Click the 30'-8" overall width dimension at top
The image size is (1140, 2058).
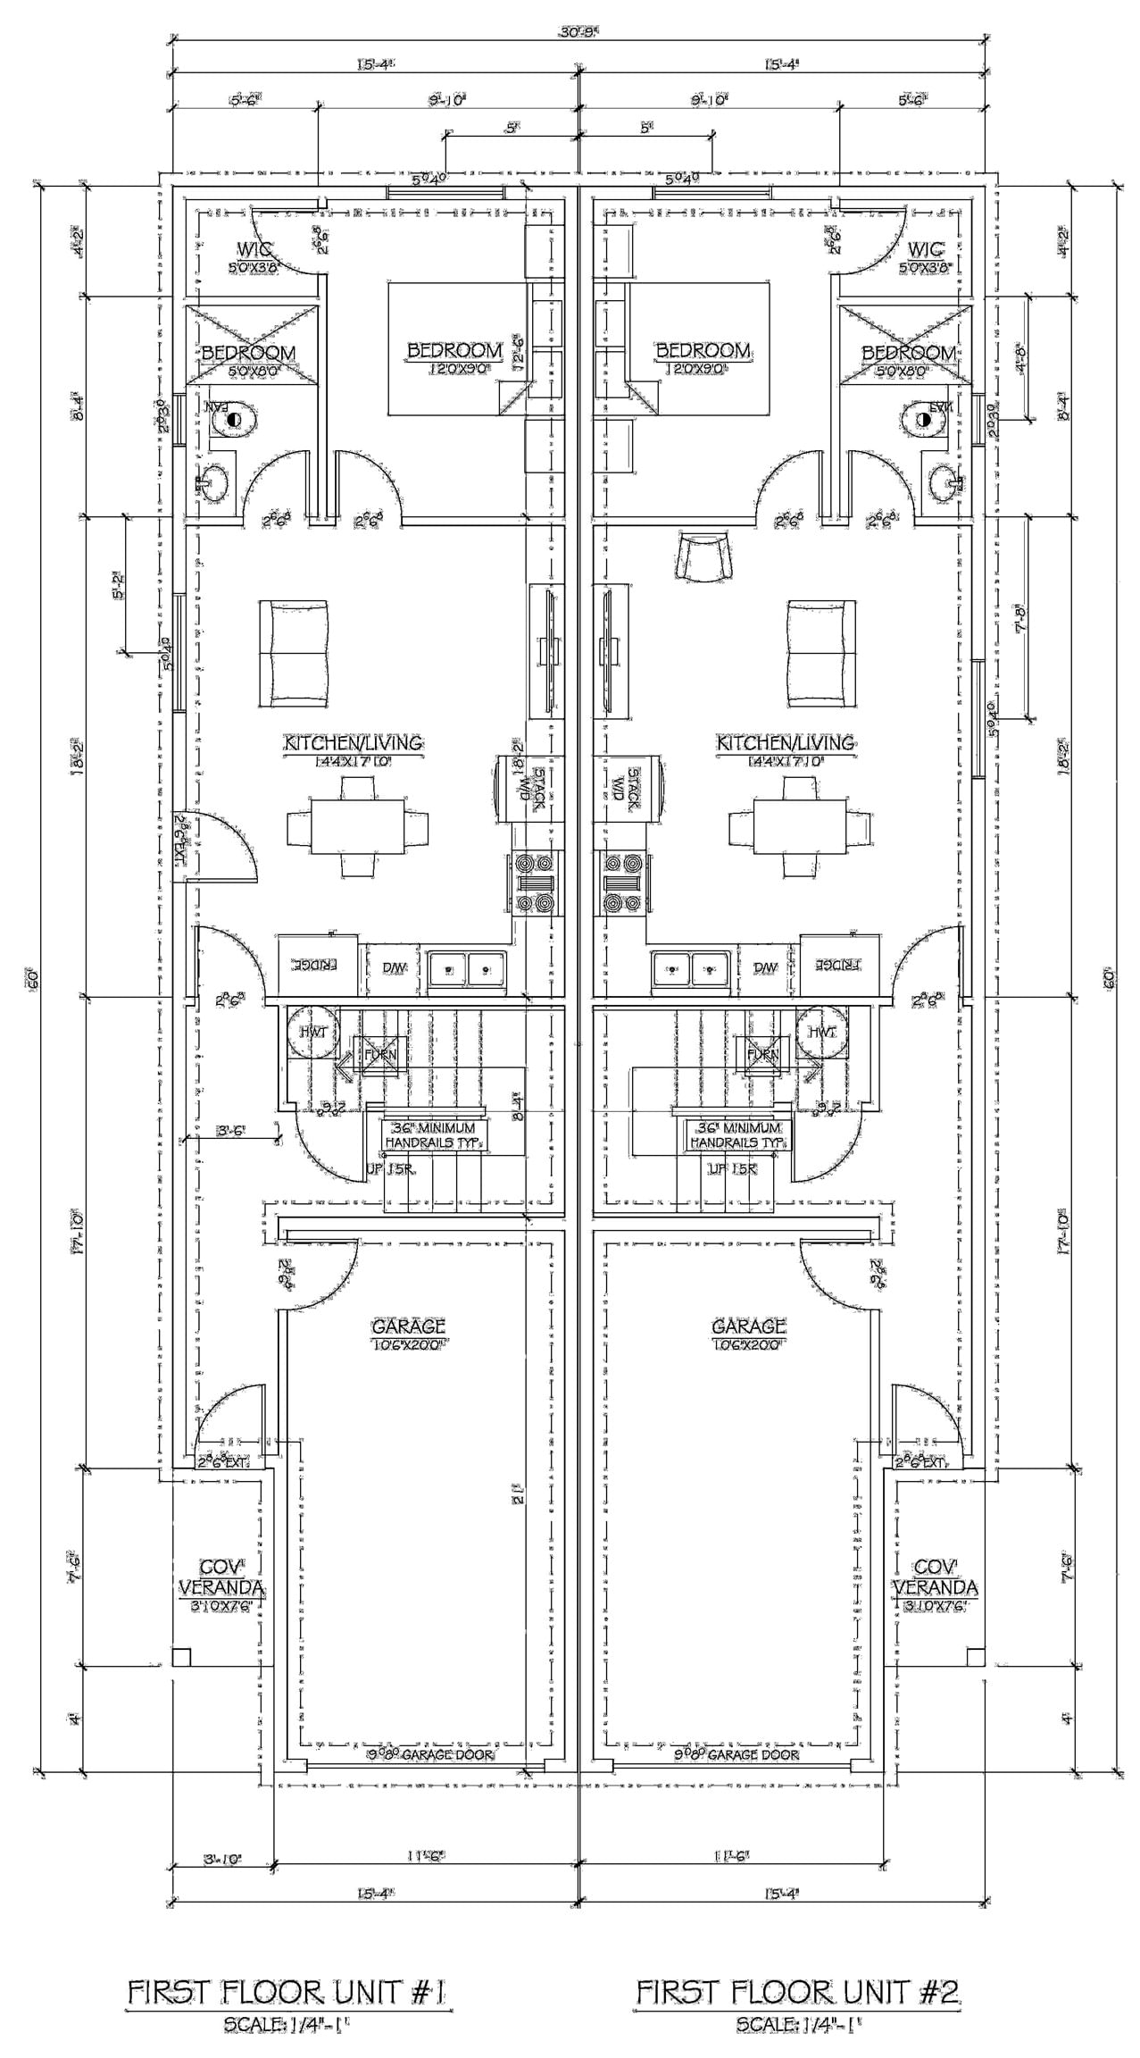578,33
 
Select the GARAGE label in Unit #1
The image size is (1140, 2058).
408,1327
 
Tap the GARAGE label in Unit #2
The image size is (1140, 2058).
748,1327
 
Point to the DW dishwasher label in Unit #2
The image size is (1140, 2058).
764,967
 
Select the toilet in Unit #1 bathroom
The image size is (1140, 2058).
235,417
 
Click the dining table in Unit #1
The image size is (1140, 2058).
357,827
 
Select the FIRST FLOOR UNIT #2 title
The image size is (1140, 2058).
796,1993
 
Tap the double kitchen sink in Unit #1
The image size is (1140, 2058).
466,968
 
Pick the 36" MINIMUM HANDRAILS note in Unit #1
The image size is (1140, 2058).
431,1135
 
